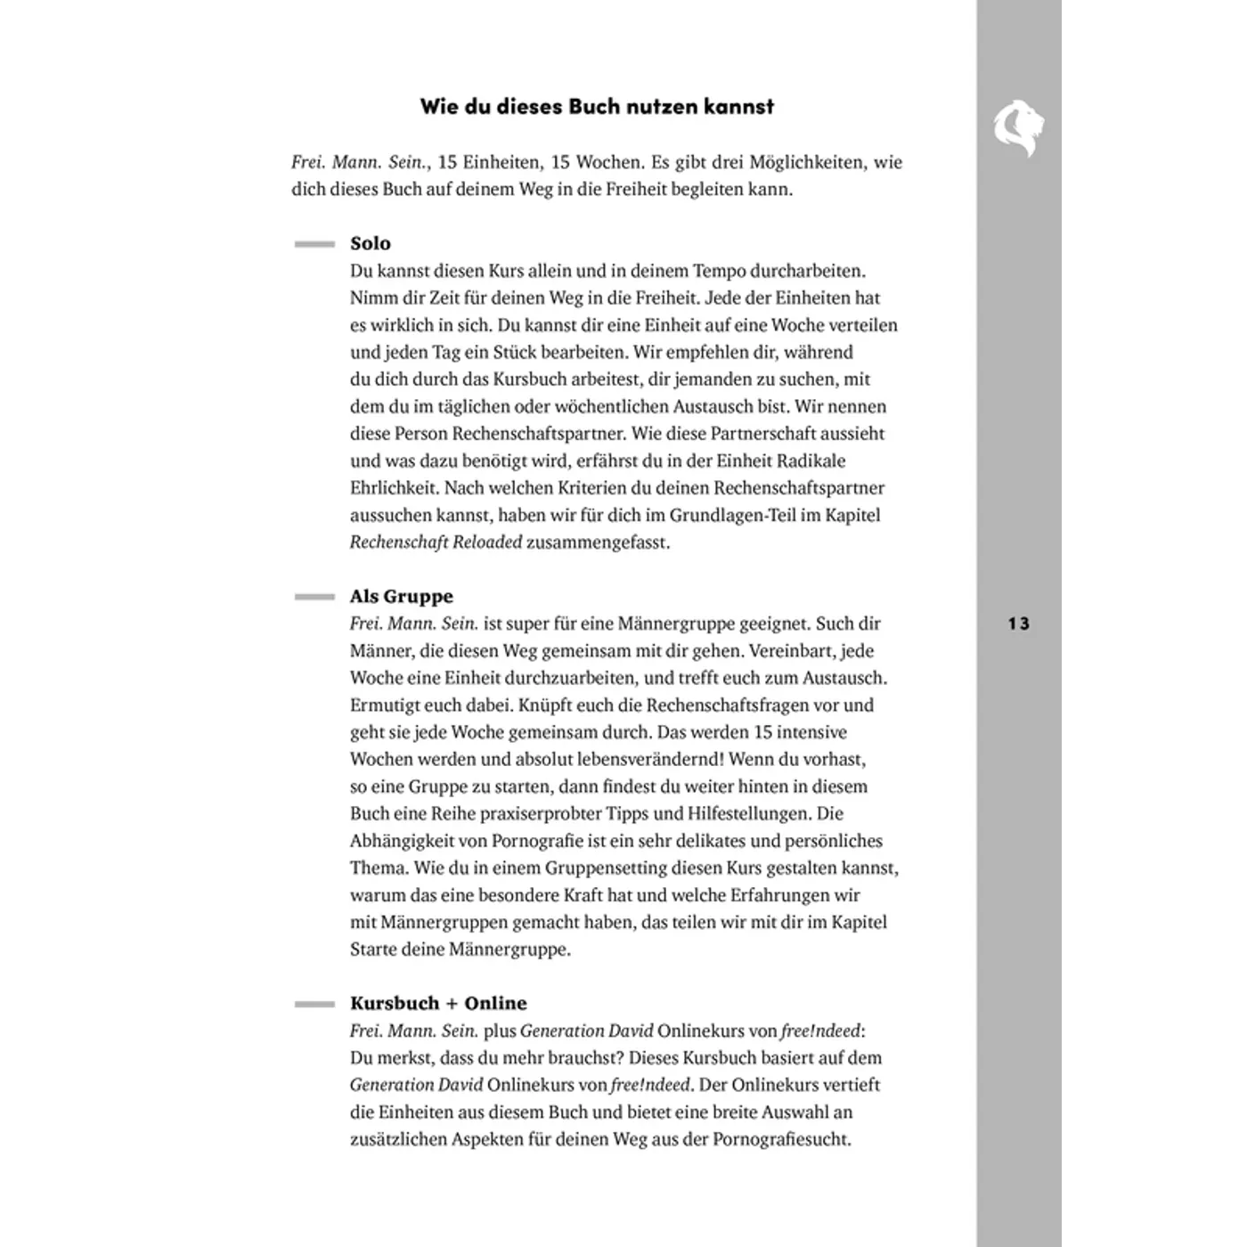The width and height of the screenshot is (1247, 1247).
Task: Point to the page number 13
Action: coord(1018,623)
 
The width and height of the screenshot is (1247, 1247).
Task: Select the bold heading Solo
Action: coord(371,243)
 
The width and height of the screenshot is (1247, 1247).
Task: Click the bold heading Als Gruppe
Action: coord(402,596)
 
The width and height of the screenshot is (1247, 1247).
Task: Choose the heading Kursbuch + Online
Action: coord(438,1003)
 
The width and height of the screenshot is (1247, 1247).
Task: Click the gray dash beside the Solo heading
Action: coord(314,244)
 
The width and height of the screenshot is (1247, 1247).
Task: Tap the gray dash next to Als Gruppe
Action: coord(314,597)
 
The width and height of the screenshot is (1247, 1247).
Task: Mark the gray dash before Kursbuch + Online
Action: coord(314,1004)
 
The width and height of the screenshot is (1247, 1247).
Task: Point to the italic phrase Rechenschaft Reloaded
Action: coord(436,542)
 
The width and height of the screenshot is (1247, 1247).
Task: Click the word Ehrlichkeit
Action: coord(394,488)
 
